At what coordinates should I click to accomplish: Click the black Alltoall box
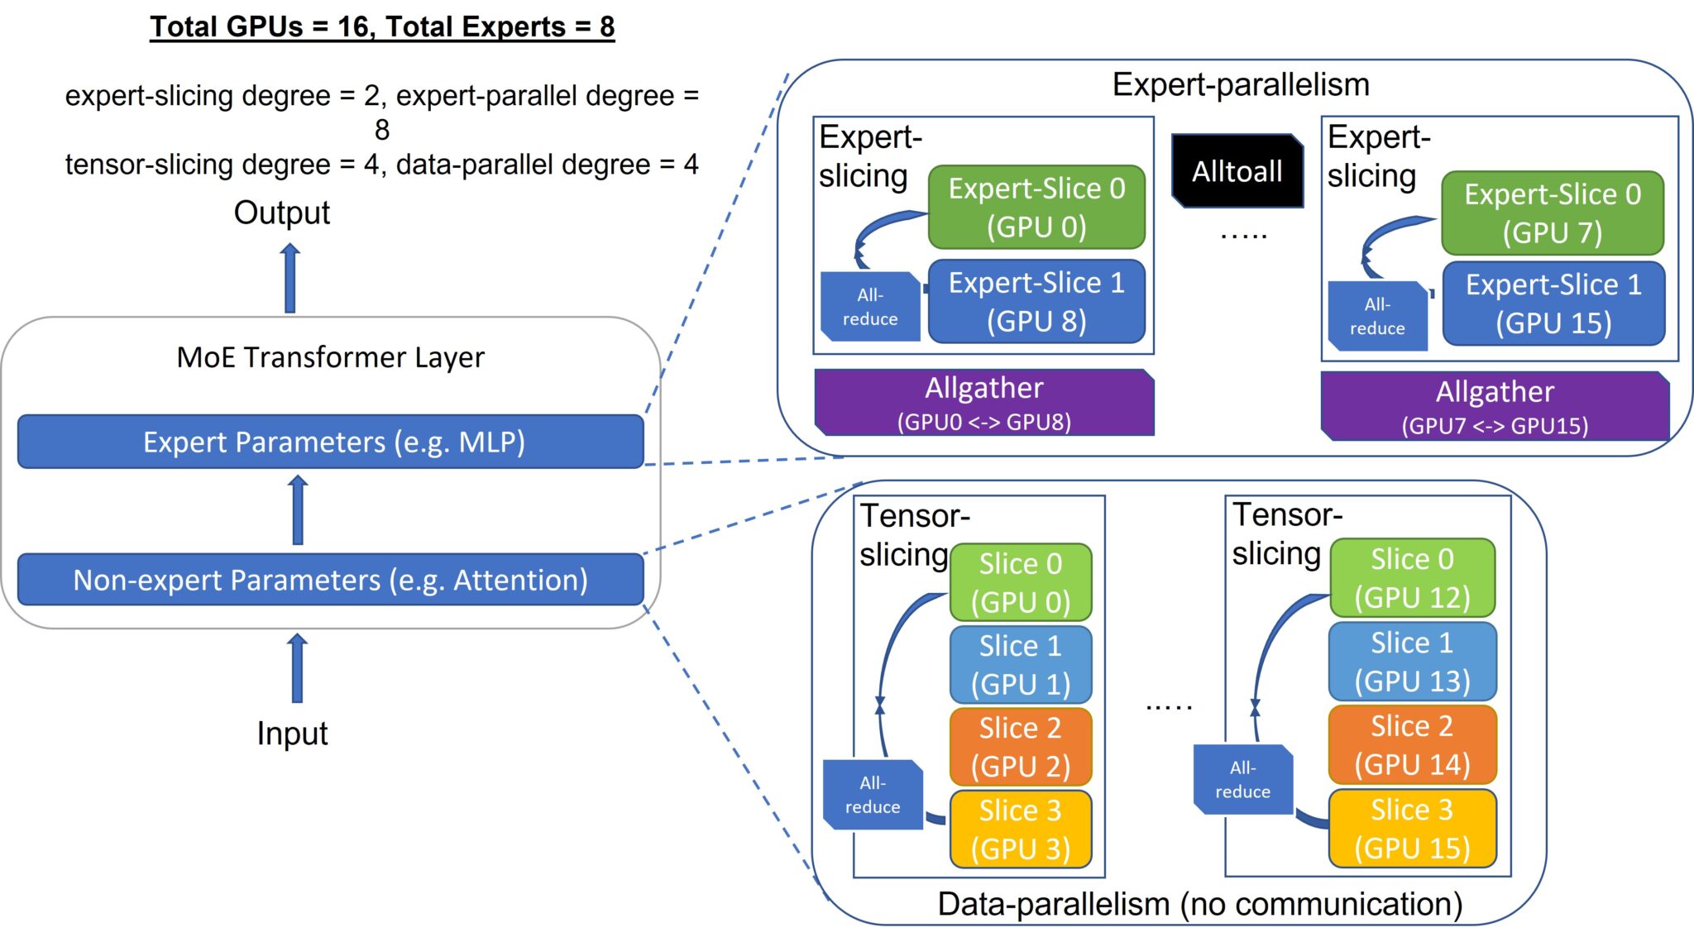(1237, 171)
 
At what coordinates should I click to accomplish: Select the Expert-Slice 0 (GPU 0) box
(1036, 207)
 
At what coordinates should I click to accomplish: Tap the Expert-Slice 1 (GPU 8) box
(1036, 301)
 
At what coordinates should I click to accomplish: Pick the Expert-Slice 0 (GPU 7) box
(1552, 213)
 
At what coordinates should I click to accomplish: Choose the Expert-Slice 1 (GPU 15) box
(1553, 303)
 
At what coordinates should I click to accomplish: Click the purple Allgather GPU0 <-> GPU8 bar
(983, 402)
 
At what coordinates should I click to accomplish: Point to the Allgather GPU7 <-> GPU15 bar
(1494, 406)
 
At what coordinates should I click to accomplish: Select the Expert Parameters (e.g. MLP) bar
(331, 442)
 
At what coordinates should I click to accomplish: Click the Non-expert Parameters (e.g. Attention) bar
(331, 580)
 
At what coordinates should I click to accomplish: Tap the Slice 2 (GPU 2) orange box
(1020, 747)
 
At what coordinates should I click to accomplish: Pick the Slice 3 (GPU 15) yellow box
(1412, 828)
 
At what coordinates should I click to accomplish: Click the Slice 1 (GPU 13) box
(1412, 662)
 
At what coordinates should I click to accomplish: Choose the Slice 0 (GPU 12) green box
(1412, 577)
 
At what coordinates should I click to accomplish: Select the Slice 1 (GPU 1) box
(1020, 664)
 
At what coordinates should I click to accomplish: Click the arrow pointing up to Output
(290, 278)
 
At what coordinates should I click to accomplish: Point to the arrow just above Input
(297, 667)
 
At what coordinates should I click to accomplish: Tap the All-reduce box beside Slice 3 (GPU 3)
(873, 794)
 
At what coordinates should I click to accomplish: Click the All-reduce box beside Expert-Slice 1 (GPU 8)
(869, 307)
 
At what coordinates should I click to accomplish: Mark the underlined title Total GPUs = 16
(382, 26)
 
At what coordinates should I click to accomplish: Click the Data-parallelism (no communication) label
(1199, 904)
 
